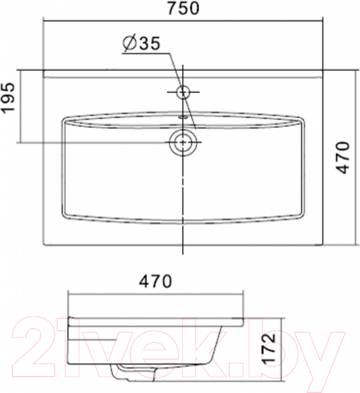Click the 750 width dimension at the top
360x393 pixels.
[183, 8]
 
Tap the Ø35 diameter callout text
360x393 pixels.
[141, 43]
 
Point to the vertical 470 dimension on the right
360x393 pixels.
[342, 157]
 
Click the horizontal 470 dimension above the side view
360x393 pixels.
[155, 281]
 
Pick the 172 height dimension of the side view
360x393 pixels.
[269, 348]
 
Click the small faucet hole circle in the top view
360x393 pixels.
[183, 92]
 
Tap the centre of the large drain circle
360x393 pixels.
[183, 142]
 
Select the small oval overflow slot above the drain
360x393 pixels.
[183, 117]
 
